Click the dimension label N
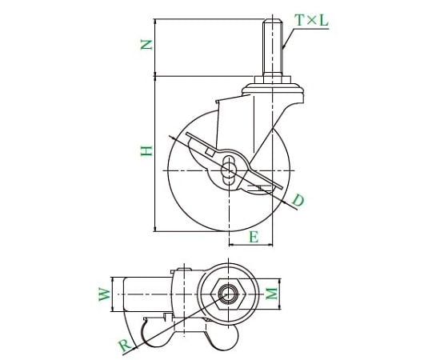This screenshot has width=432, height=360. click(x=146, y=45)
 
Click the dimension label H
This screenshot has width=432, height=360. click(x=146, y=150)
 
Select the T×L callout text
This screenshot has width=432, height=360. click(x=311, y=20)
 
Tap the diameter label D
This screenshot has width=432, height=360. click(x=298, y=200)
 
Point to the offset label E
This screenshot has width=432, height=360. click(x=254, y=237)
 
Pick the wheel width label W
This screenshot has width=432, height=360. click(x=105, y=294)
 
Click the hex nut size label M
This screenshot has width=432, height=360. click(x=272, y=294)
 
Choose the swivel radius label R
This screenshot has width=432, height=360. click(x=125, y=346)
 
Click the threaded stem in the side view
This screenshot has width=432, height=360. click(x=272, y=47)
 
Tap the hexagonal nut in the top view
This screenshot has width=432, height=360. click(x=228, y=294)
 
